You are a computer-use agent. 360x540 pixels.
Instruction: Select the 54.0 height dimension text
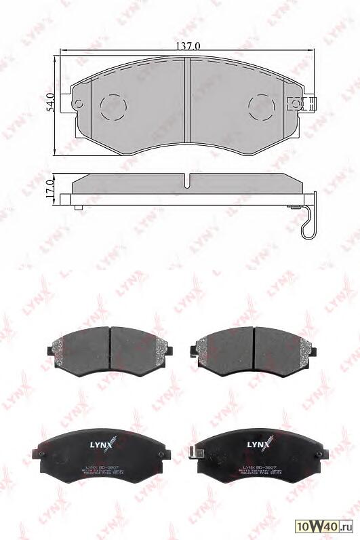(49, 102)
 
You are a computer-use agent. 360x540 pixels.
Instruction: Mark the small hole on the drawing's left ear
(77, 104)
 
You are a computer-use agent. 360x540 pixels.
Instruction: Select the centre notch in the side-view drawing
(186, 180)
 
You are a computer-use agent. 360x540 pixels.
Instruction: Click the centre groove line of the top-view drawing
(186, 102)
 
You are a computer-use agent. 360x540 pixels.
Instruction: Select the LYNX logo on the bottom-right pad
(258, 444)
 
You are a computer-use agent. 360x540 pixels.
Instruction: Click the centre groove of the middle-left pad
(110, 346)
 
